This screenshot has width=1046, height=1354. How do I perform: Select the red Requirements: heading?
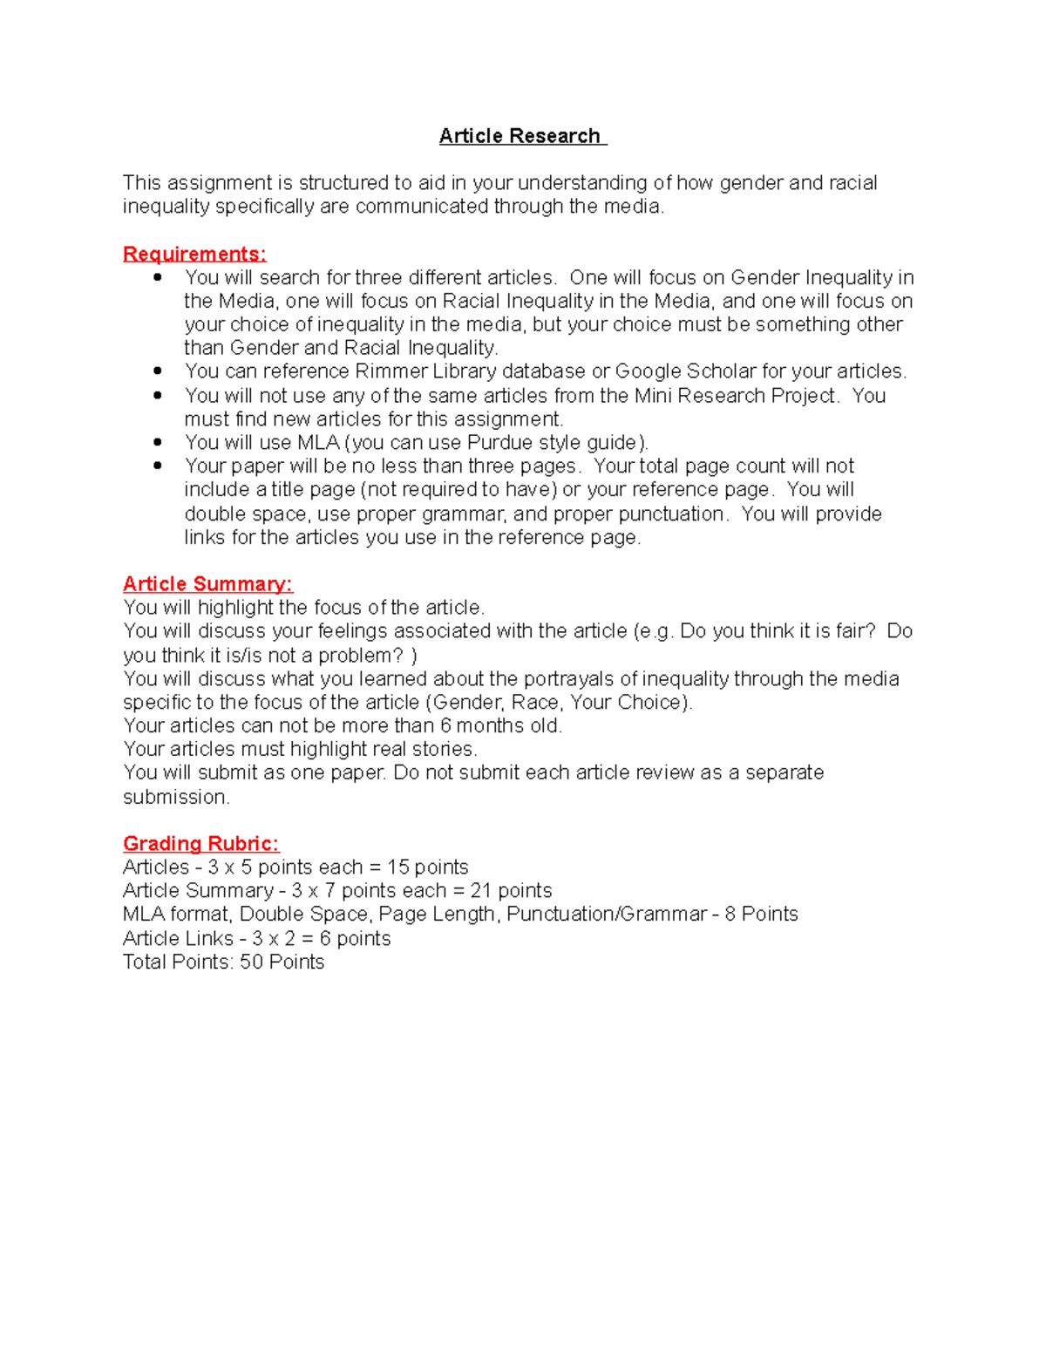tap(194, 254)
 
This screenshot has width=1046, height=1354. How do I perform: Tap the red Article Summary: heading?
tap(207, 584)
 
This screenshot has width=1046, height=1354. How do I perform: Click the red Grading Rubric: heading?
tap(200, 843)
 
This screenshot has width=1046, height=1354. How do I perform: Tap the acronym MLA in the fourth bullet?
tap(318, 443)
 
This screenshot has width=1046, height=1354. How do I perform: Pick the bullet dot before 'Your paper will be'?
tap(158, 466)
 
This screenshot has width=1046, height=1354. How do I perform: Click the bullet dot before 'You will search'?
tap(158, 277)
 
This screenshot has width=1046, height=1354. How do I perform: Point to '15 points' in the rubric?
tap(428, 868)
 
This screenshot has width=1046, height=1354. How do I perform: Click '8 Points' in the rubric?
tap(761, 915)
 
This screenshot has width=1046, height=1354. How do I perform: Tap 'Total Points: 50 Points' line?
tap(224, 962)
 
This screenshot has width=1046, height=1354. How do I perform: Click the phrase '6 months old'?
tap(500, 726)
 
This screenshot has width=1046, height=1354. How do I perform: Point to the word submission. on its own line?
tap(176, 797)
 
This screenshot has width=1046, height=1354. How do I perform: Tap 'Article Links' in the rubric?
tap(178, 939)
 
